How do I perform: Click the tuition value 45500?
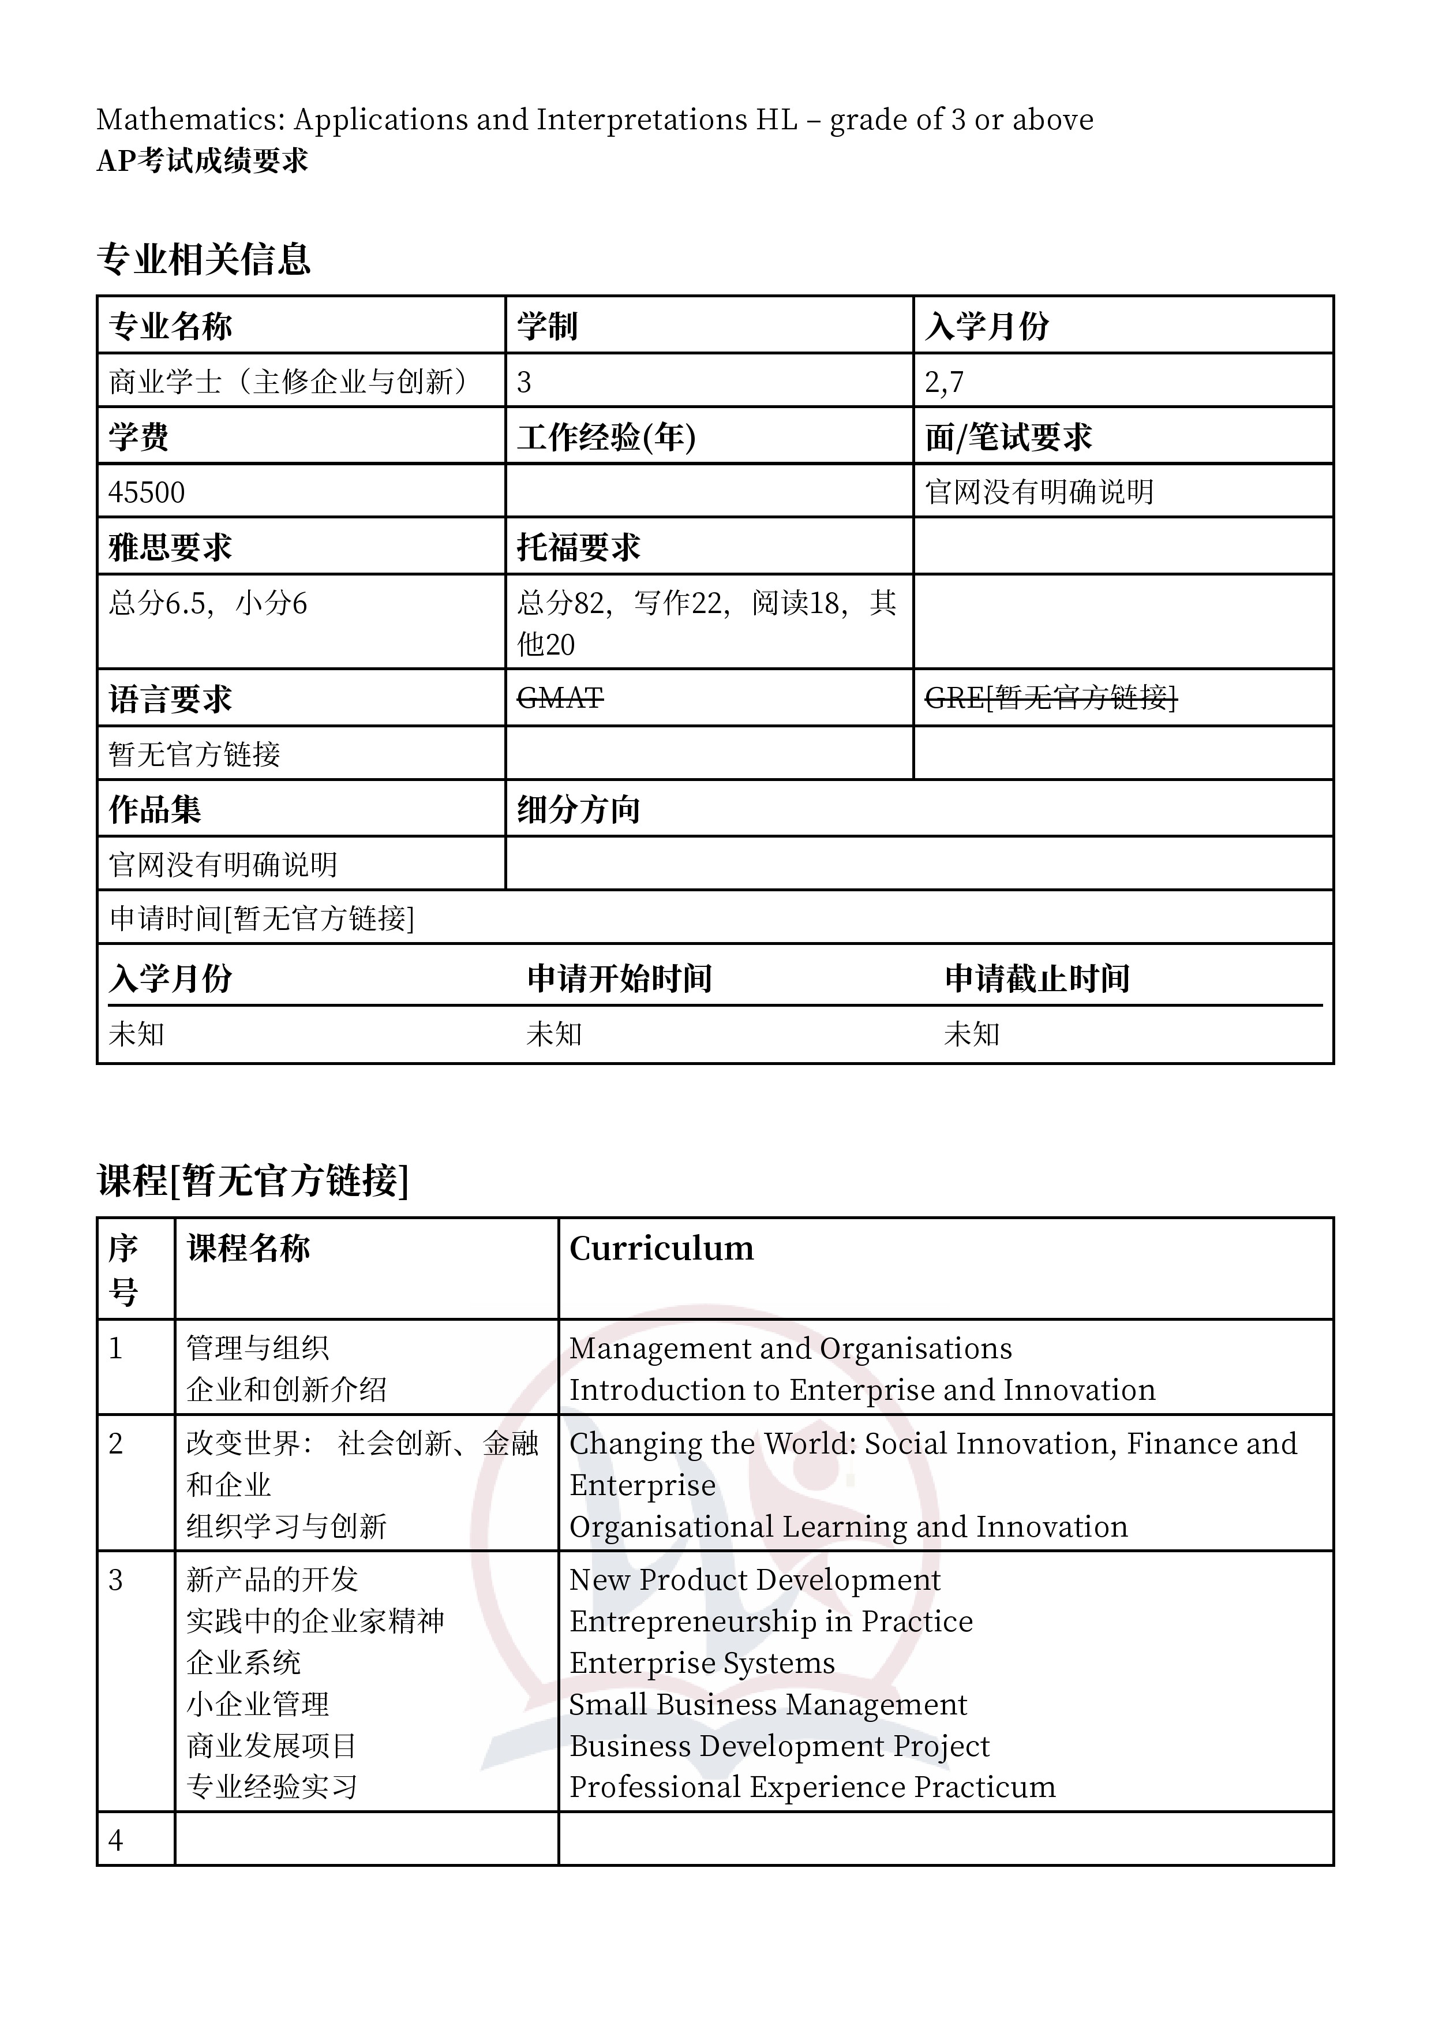coord(147,492)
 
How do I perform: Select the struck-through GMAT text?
coord(560,698)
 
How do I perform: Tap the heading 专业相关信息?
coord(204,259)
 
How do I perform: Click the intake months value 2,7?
coord(945,382)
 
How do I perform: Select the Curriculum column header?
coord(661,1249)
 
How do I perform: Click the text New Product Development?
coord(755,1579)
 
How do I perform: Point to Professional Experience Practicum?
coord(812,1787)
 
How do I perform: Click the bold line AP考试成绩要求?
coord(202,160)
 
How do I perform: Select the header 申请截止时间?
coord(1037,978)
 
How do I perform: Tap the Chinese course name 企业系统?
coord(244,1662)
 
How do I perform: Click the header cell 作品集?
coord(155,809)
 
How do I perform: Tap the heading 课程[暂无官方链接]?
coord(253,1180)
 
